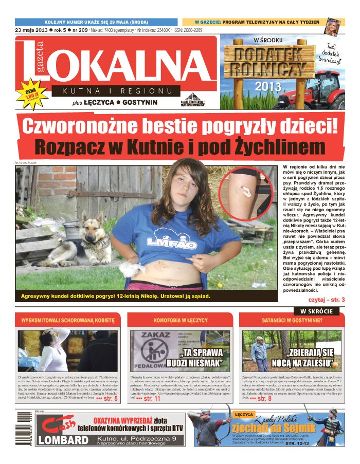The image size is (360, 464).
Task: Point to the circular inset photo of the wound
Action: (x=246, y=192)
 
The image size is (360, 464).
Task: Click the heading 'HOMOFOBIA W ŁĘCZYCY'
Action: (x=180, y=320)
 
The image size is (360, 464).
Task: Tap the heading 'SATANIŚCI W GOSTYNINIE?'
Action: (x=292, y=320)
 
